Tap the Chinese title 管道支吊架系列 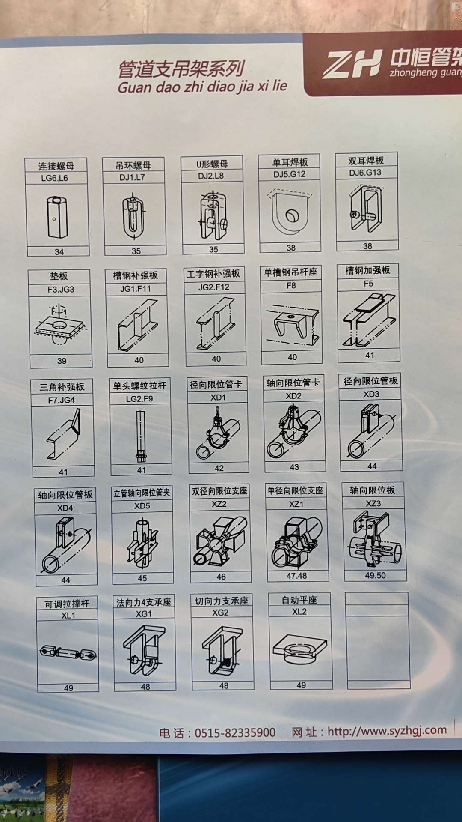tap(181, 69)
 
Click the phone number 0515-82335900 tap(235, 732)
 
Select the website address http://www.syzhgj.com tap(387, 730)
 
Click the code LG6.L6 tap(54, 178)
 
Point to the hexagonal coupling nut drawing tap(57, 217)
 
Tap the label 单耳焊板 tap(290, 162)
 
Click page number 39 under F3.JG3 tap(62, 361)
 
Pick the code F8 tap(291, 285)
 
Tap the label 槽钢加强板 tap(368, 270)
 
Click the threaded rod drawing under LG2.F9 tap(141, 436)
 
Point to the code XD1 tap(218, 397)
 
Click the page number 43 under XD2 tap(294, 467)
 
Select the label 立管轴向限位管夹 tap(142, 493)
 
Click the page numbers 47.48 tap(296, 576)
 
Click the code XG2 tap(220, 613)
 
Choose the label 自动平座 tap(299, 600)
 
